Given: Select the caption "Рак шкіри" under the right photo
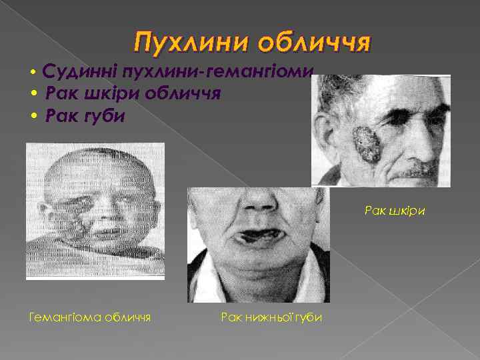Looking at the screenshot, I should coord(395,211).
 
